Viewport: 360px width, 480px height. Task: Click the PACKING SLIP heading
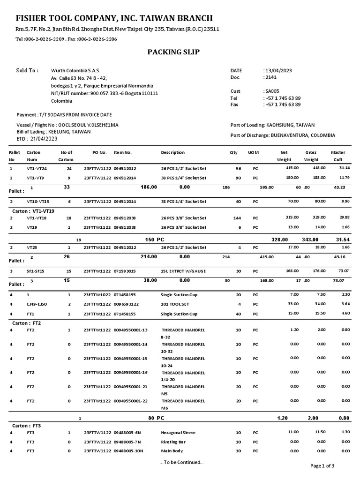point(174,52)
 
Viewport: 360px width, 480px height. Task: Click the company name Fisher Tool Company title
point(114,18)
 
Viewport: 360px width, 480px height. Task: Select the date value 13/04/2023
point(278,70)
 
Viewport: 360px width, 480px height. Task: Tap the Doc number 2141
point(270,77)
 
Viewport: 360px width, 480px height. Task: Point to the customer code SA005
point(272,91)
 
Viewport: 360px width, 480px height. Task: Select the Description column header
point(172,152)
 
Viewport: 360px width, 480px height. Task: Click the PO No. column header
point(100,152)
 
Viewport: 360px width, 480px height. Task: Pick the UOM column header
point(253,152)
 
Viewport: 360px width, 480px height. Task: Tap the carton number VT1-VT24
point(37,168)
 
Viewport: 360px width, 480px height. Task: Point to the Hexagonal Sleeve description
point(178,433)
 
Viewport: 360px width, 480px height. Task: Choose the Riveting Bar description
point(172,442)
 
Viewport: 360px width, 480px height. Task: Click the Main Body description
point(171,451)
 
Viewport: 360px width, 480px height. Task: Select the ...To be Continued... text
point(181,462)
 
